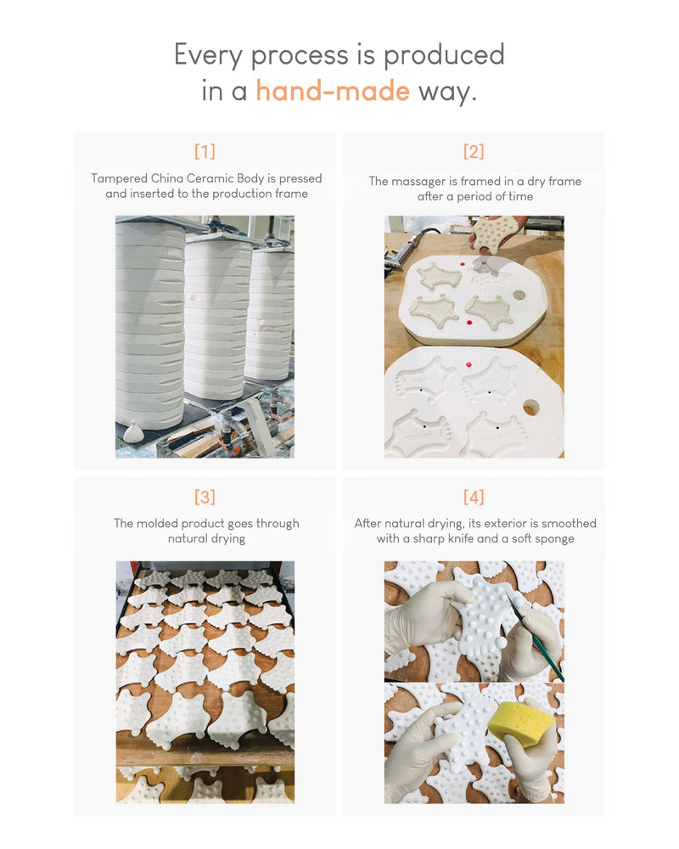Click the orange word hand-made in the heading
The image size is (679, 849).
point(333,91)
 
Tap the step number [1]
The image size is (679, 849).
point(205,151)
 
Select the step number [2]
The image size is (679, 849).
point(474,151)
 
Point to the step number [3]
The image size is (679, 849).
point(205,497)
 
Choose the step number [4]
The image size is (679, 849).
point(474,497)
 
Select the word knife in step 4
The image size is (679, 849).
point(462,538)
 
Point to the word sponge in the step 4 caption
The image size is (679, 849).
point(554,539)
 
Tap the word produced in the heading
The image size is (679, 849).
point(444,55)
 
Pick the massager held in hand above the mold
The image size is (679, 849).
point(494,234)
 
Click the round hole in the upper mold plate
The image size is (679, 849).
point(519,295)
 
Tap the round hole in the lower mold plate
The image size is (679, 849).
point(531,408)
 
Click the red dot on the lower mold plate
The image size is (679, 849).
point(469,364)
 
